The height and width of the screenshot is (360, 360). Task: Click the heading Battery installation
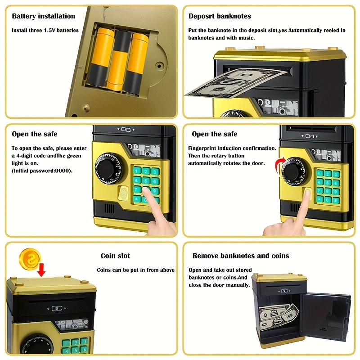[x=43, y=16]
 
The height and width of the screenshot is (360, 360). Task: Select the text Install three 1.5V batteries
[x=45, y=31]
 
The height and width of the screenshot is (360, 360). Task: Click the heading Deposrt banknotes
[x=220, y=16]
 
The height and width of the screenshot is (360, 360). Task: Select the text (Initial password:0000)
[x=42, y=171]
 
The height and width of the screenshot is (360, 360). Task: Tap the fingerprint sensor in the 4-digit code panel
[x=124, y=193]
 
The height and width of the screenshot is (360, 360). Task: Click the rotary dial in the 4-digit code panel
[x=108, y=169]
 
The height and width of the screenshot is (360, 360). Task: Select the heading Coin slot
[x=115, y=256]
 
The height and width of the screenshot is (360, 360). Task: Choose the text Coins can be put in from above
[x=136, y=270]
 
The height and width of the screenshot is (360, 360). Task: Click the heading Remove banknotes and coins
[x=241, y=256]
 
